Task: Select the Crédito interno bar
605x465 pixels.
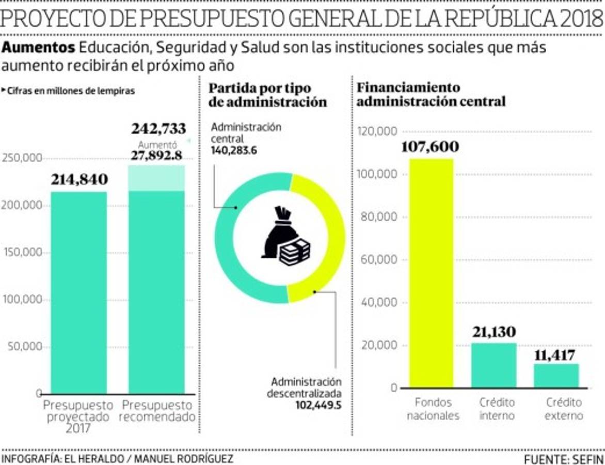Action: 493,365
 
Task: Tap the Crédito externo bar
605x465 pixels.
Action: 556,376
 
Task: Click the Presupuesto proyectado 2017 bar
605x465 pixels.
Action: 78,292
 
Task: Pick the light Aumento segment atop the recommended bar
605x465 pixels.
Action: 156,178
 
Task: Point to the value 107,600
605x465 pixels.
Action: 429,147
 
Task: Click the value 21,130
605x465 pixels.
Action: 493,332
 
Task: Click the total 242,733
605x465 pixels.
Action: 158,129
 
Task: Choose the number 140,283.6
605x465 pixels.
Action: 234,150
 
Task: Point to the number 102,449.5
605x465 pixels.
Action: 319,406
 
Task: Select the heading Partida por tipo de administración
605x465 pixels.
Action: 267,95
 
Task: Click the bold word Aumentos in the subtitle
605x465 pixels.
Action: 38,48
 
